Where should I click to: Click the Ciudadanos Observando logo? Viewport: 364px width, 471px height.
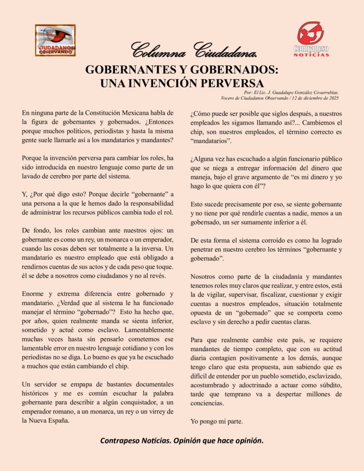tap(55, 40)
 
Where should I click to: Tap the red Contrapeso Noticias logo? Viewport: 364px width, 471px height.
tap(311, 39)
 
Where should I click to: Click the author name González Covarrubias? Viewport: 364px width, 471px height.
tap(313, 92)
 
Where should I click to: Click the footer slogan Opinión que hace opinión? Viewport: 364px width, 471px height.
tap(215, 441)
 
